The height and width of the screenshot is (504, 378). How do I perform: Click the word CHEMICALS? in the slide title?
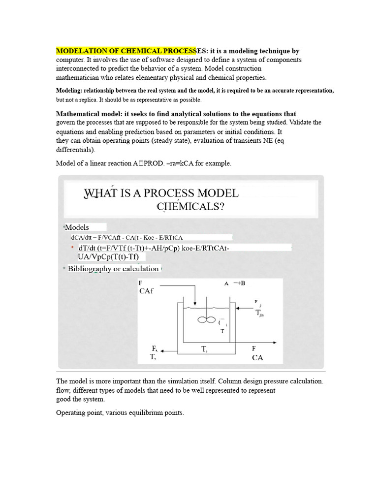191,207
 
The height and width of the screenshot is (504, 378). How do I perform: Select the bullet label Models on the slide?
77,227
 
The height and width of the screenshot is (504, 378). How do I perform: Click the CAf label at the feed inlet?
146,291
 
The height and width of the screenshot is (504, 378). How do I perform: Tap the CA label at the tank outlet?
257,358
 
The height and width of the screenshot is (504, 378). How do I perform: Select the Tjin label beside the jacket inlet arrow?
259,313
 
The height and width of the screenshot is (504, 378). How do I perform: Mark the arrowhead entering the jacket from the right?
238,309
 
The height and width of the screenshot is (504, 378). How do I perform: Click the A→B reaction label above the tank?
235,283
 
